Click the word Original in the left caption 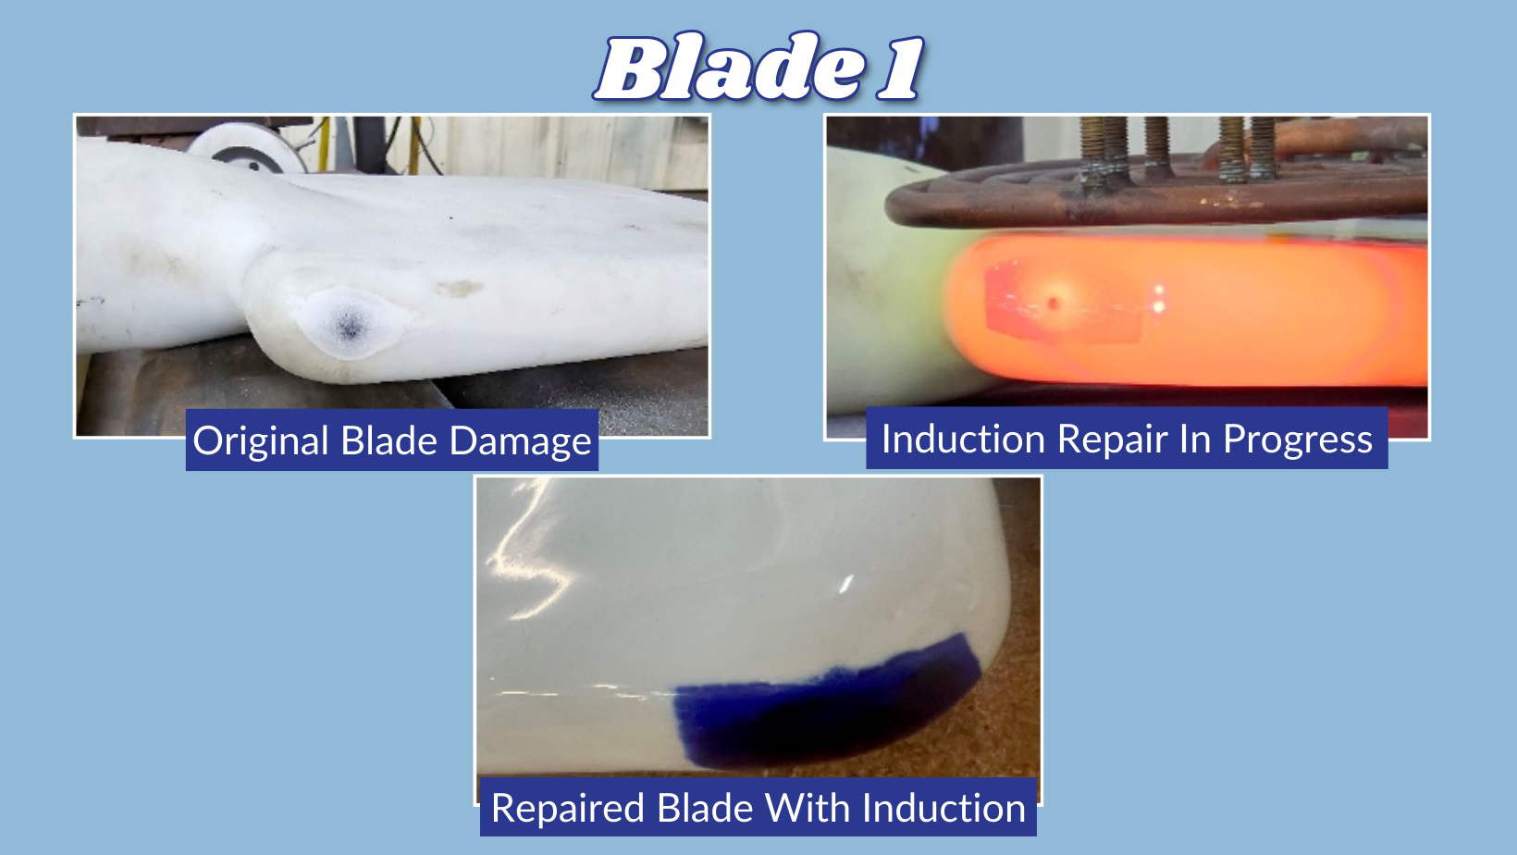261,441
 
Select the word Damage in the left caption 520,441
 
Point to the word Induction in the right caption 963,439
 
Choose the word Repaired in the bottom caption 568,808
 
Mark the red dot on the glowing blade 1053,302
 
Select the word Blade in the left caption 388,441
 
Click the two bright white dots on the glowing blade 1159,299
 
